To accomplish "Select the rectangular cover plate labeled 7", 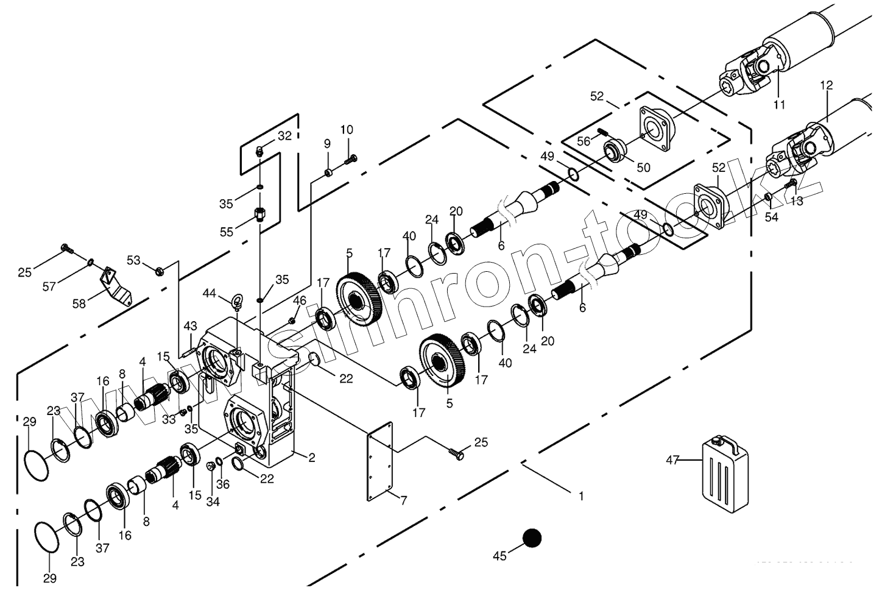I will (x=379, y=466).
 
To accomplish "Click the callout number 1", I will (x=581, y=496).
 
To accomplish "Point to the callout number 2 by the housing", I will (x=311, y=458).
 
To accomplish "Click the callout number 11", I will (x=779, y=104).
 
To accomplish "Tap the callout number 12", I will (x=826, y=86).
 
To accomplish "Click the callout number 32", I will (x=285, y=136).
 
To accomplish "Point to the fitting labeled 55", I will (x=260, y=215).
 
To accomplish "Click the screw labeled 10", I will (x=350, y=160).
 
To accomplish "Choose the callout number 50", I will (x=643, y=167).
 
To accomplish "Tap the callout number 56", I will (x=584, y=141).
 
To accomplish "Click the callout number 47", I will (x=672, y=461).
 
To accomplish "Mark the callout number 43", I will (x=191, y=325).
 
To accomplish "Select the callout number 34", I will (x=212, y=502).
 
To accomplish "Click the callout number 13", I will (x=797, y=201).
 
